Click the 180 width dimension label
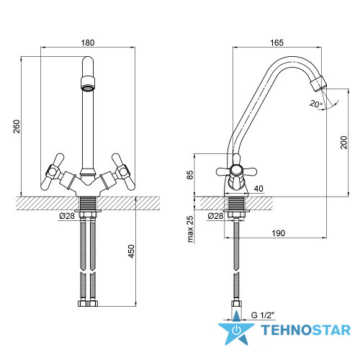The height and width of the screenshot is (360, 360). (88, 42)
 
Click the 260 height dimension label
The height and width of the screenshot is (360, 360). (17, 126)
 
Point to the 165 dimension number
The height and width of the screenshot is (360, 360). (276, 42)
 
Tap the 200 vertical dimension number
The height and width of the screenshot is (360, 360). (343, 143)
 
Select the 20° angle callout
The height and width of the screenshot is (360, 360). (316, 104)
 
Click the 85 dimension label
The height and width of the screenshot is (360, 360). (189, 175)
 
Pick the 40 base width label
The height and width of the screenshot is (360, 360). (258, 189)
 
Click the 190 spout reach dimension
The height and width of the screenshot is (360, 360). (279, 233)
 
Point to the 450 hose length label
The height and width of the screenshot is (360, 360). (131, 251)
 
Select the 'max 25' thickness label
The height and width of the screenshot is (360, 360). (189, 229)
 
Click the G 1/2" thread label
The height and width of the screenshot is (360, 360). (263, 315)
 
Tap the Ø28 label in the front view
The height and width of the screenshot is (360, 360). (67, 216)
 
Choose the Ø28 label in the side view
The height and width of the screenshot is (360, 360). (215, 216)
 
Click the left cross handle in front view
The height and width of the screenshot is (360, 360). (53, 171)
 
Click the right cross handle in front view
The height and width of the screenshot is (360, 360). (123, 171)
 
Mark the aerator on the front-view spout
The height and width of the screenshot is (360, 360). (88, 84)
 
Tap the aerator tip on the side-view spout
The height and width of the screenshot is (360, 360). (318, 84)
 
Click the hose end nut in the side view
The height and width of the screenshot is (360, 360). (236, 303)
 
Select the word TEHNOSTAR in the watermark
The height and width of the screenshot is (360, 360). (305, 330)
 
